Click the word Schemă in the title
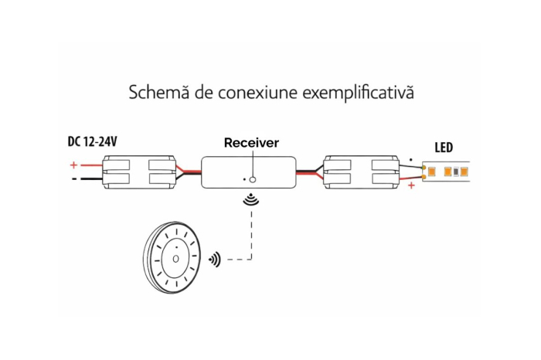point(159,92)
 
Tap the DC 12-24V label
point(92,141)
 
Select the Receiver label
point(251,143)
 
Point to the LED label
point(444,148)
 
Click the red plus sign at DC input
point(73,165)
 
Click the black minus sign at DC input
point(74,179)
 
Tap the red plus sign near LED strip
point(411,186)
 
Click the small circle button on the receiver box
point(253,179)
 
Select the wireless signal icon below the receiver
point(251,200)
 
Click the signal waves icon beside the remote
point(215,260)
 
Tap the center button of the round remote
point(175,259)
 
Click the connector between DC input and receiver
point(139,172)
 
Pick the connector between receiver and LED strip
point(361,172)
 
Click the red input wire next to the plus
point(91,165)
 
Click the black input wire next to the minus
point(91,179)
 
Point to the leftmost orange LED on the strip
point(431,172)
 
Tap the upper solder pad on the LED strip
point(424,167)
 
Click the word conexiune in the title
point(257,93)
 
